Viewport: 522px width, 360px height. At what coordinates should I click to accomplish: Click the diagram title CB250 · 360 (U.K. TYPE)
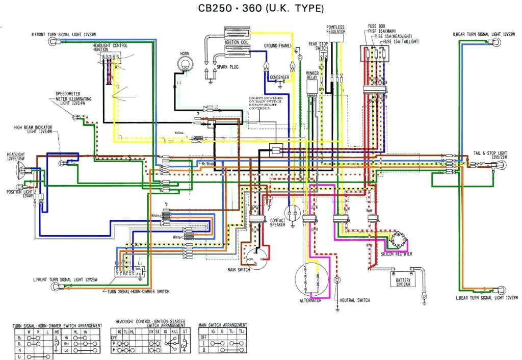[260, 9]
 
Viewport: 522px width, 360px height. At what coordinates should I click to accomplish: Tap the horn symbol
[185, 65]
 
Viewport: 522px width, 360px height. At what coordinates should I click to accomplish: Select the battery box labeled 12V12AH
[403, 279]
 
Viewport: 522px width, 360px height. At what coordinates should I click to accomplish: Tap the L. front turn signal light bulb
[54, 287]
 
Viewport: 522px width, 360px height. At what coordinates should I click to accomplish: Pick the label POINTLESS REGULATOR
[336, 29]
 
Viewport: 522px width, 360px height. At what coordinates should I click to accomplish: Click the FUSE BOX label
[376, 25]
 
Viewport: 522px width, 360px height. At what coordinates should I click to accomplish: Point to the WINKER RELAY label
[312, 75]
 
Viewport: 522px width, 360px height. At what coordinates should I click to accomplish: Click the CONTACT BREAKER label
[277, 223]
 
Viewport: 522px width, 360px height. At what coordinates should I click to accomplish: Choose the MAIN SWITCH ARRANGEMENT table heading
[223, 325]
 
